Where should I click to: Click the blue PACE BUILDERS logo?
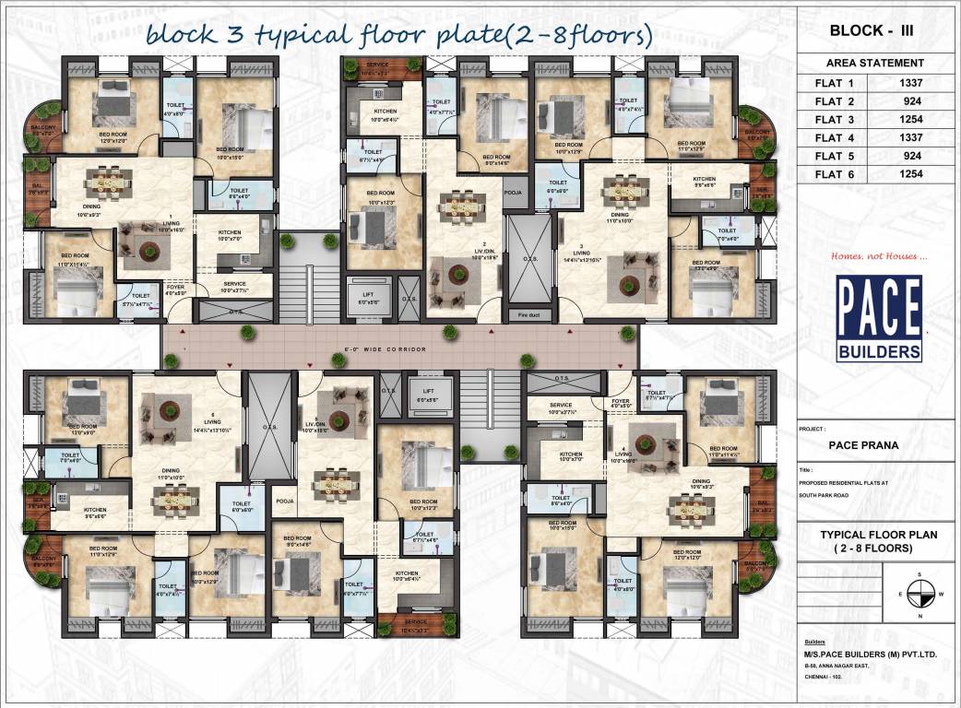pos(878,318)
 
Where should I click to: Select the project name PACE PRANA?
pos(861,444)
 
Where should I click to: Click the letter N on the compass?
pos(919,615)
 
